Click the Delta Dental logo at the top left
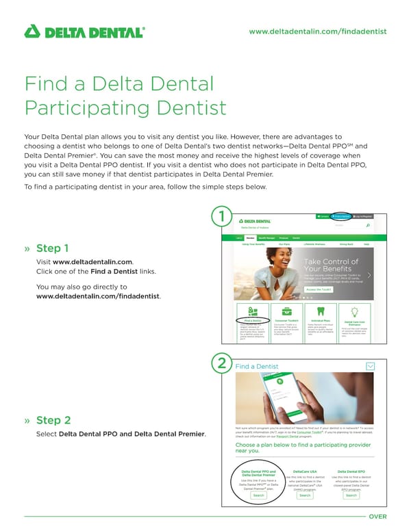[84, 31]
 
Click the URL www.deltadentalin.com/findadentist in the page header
[318, 31]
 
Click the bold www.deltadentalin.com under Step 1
[92, 262]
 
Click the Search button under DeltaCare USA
[305, 495]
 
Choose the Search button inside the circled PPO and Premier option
[259, 495]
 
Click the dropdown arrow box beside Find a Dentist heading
[371, 366]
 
